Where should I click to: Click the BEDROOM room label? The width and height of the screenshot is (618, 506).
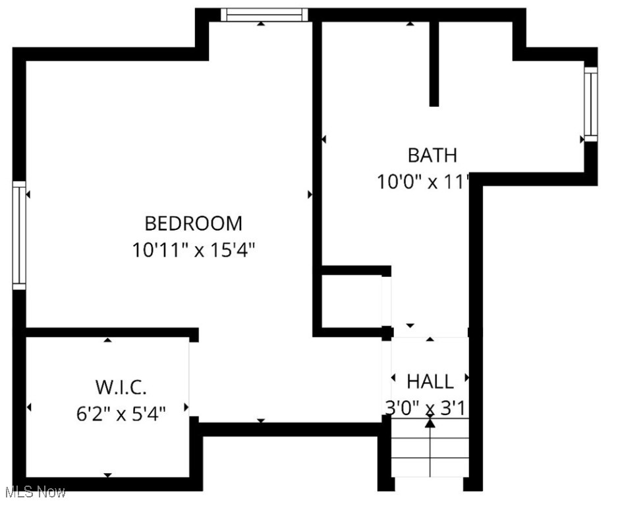193,223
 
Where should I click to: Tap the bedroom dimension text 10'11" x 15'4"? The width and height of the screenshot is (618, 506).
193,250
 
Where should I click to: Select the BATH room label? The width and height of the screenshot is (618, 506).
432,155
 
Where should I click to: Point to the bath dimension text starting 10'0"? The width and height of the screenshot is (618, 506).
422,181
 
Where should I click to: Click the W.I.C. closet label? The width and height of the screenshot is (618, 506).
121,387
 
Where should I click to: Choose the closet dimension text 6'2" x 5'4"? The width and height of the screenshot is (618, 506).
121,414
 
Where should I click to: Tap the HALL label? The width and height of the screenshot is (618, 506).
430,381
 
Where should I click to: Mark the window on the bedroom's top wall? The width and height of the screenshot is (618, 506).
264,14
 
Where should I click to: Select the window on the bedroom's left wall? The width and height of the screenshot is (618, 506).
19,235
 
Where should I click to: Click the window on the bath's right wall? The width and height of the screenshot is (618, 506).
590,103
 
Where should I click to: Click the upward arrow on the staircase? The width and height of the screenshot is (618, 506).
430,423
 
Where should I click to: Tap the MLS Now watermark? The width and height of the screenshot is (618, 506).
34,492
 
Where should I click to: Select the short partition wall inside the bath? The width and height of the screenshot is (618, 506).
434,63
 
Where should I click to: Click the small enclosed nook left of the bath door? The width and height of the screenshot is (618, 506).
352,300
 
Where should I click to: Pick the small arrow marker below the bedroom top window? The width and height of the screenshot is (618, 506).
261,24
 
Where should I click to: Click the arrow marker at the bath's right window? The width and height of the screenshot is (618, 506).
582,139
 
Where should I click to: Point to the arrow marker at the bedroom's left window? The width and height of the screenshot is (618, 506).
28,194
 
